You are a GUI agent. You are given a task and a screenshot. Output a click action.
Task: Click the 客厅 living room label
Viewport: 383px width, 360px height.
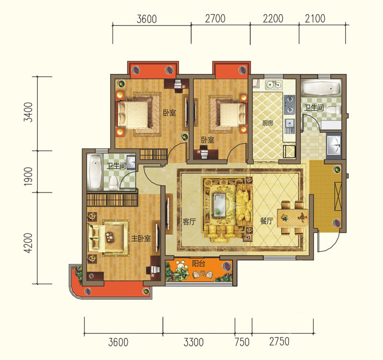pyautogui.click(x=189, y=222)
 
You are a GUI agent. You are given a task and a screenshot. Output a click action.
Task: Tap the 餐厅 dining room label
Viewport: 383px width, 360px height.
pyautogui.click(x=267, y=221)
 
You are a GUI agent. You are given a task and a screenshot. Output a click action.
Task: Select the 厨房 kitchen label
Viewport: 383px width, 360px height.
pyautogui.click(x=268, y=123)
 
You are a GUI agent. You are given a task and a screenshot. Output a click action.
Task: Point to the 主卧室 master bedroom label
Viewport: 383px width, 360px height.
pyautogui.click(x=141, y=238)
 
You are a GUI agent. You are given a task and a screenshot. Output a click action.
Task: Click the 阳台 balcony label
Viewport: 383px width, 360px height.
pyautogui.click(x=198, y=263)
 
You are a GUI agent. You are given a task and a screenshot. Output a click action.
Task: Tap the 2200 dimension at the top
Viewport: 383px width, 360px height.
pyautogui.click(x=273, y=19)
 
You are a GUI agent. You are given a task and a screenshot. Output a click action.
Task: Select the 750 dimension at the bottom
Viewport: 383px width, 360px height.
pyautogui.click(x=242, y=342)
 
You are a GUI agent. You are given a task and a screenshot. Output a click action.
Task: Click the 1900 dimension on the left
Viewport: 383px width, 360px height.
pyautogui.click(x=28, y=176)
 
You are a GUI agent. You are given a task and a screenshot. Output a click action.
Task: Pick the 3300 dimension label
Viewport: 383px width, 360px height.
pyautogui.click(x=193, y=342)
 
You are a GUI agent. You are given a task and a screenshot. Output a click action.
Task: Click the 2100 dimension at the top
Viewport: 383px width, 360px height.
pyautogui.click(x=315, y=19)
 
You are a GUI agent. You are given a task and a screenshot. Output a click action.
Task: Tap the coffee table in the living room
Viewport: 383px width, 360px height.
pyautogui.click(x=220, y=205)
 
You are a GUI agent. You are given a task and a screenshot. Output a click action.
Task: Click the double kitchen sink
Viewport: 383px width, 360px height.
pyautogui.click(x=274, y=85)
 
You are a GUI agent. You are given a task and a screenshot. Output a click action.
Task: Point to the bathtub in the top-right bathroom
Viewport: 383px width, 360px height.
pyautogui.click(x=321, y=89)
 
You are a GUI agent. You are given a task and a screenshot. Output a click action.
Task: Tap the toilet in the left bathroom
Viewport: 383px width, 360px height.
pyautogui.click(x=113, y=183)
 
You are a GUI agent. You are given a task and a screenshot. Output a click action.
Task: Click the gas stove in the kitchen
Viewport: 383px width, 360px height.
pyautogui.click(x=290, y=104)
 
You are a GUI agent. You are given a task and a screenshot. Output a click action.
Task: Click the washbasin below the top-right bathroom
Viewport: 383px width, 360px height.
pyautogui.click(x=334, y=145)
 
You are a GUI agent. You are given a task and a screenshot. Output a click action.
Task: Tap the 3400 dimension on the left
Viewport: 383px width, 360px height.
pyautogui.click(x=28, y=112)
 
